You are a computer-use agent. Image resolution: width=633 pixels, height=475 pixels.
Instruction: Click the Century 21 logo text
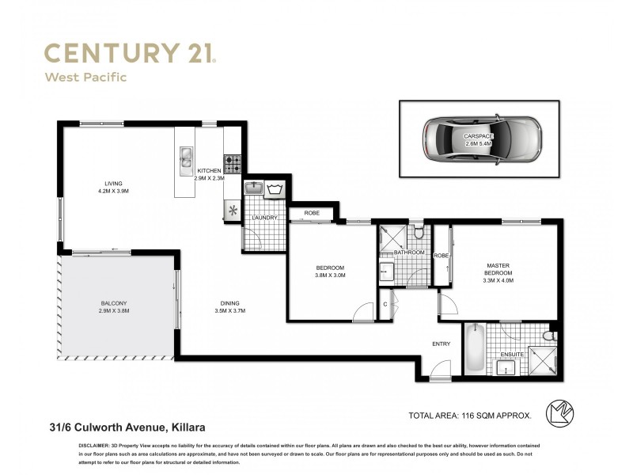pos(130,54)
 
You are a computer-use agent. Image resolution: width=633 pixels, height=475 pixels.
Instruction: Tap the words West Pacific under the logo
pos(85,78)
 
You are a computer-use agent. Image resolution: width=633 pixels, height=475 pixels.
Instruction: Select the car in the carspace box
pos(479,139)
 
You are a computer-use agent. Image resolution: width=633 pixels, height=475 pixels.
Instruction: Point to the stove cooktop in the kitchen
pos(233,164)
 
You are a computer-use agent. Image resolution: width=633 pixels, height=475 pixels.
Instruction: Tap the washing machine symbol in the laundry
pos(276,189)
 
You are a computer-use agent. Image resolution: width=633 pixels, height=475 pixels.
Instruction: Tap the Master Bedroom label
pos(498,268)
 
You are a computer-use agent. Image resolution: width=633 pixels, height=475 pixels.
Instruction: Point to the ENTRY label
pos(441,344)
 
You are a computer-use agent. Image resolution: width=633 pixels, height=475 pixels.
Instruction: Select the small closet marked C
pos(385,304)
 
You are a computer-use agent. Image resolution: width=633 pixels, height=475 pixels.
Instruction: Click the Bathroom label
pos(410,253)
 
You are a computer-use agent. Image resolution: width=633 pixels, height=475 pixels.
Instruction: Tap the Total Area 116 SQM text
pos(469,414)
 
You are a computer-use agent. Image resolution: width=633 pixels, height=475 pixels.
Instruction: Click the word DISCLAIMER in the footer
pos(97,446)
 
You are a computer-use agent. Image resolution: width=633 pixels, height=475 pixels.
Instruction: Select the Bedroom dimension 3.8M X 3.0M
pos(329,277)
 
